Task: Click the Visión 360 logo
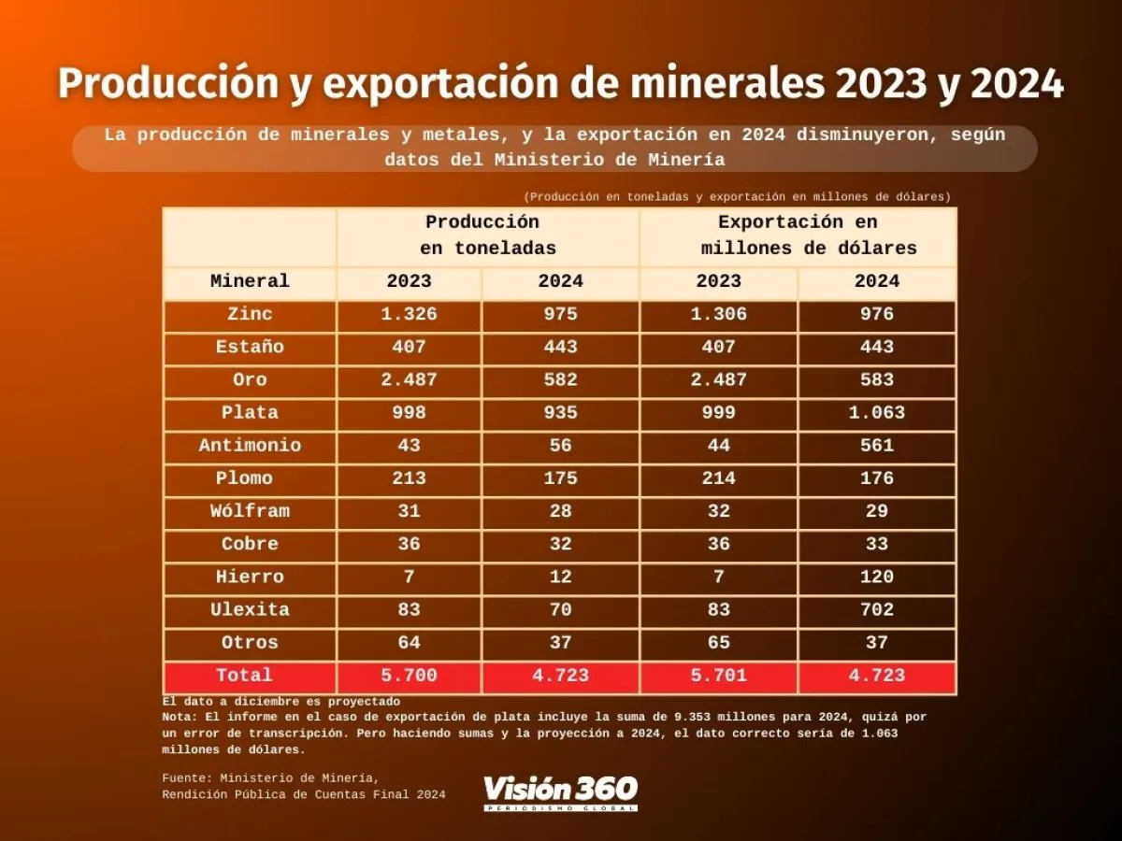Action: pos(560,792)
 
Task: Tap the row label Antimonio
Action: pos(250,446)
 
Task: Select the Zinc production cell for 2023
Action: pos(409,314)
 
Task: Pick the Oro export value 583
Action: pos(876,380)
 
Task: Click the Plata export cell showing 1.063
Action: pos(876,413)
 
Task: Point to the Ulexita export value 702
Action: pos(876,610)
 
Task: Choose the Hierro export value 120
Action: pos(876,577)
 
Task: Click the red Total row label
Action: pos(244,676)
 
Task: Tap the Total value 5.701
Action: pos(718,676)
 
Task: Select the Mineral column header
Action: pos(250,281)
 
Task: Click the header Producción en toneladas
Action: pos(486,235)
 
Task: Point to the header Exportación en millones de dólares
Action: pos(798,235)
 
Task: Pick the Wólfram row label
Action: pos(250,511)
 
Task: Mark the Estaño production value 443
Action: pos(560,348)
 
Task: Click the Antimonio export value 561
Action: pos(876,446)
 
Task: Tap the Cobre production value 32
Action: pos(560,544)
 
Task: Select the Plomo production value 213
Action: pos(409,478)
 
